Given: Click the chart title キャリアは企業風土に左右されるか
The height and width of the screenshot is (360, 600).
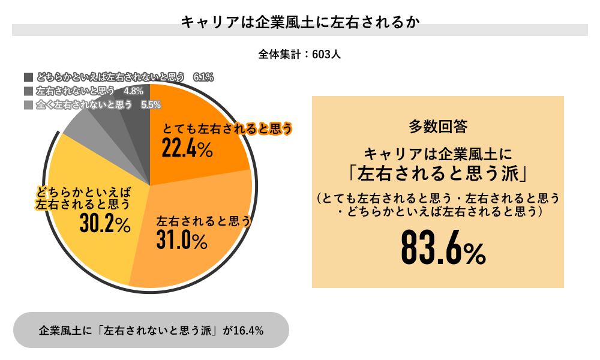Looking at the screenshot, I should coord(299,23).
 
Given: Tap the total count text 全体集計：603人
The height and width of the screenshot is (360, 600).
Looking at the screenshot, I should coord(299,54).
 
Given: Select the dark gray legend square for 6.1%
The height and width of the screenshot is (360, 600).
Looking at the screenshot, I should coord(28,77).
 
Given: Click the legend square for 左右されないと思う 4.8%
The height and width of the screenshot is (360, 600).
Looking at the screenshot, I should coord(28,91).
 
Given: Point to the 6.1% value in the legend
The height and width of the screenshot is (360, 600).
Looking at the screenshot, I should coord(203,77).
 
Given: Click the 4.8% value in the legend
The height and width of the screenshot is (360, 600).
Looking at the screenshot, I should coord(133,91).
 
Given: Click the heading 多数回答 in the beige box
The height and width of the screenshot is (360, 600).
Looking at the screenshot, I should coord(438,126).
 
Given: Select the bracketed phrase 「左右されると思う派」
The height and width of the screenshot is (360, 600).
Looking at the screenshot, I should coord(438,174).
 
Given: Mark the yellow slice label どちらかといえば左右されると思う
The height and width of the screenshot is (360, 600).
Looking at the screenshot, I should coord(84,198).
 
